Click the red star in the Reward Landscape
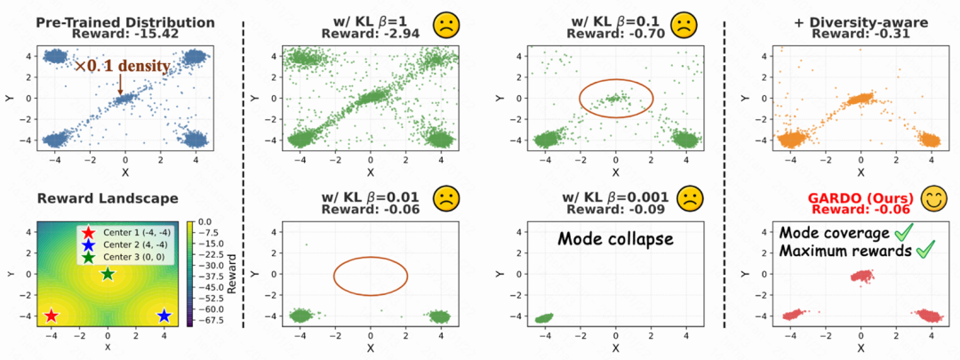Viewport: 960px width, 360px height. (52, 316)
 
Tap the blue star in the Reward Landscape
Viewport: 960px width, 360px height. (164, 316)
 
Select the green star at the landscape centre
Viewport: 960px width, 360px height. (108, 274)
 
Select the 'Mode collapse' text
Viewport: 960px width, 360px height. (616, 238)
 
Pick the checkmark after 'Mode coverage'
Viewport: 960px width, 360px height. (904, 232)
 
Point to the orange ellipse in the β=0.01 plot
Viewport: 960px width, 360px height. (371, 276)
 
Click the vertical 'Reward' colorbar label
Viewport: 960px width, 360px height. (228, 276)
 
